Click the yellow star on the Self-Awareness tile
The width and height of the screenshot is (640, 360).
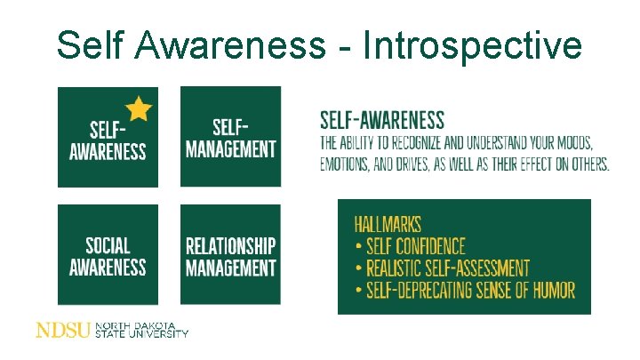point(139,108)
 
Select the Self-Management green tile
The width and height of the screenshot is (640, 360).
point(230,137)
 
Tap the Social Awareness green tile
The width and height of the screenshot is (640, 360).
point(108,255)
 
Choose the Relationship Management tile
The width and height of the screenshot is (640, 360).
point(230,255)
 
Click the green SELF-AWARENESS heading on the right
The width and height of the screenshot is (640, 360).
point(381,120)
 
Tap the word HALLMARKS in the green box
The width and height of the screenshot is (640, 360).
point(388,225)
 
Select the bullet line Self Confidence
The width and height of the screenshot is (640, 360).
point(410,246)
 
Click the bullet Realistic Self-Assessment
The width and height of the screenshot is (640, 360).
point(442,268)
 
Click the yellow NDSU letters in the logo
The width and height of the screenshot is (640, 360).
point(63,331)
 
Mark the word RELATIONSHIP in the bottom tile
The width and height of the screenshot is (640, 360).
point(230,246)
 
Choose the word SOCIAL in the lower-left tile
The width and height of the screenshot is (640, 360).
point(108,246)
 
